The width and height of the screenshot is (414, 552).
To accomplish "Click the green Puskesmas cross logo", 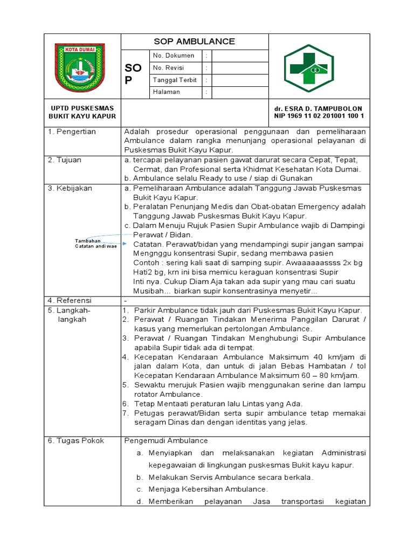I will pyautogui.click(x=316, y=67).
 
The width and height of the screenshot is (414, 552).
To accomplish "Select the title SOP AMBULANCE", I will pyautogui.click(x=195, y=42).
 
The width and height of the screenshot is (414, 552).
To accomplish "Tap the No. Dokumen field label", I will pyautogui.click(x=174, y=56).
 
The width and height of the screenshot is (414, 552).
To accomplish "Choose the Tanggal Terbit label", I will pyautogui.click(x=175, y=80).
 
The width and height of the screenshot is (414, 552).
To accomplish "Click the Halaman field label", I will pyautogui.click(x=167, y=92).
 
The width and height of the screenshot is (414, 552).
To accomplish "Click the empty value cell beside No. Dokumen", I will pyautogui.click(x=240, y=56).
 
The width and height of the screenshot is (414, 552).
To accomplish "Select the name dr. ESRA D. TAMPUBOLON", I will pyautogui.click(x=318, y=108).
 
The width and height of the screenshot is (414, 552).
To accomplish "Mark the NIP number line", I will pyautogui.click(x=318, y=116).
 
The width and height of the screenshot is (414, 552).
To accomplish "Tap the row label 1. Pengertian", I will pyautogui.click(x=72, y=132).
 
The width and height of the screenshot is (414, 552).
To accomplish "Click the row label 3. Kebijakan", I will pyautogui.click(x=70, y=188).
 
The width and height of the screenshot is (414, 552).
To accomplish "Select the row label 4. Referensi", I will pyautogui.click(x=70, y=300).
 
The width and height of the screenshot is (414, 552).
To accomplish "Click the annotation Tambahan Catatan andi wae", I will pyautogui.click(x=95, y=243).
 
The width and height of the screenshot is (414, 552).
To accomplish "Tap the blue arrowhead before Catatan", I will pyautogui.click(x=125, y=244).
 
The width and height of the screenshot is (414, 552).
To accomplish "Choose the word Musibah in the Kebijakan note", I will pyautogui.click(x=148, y=291).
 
